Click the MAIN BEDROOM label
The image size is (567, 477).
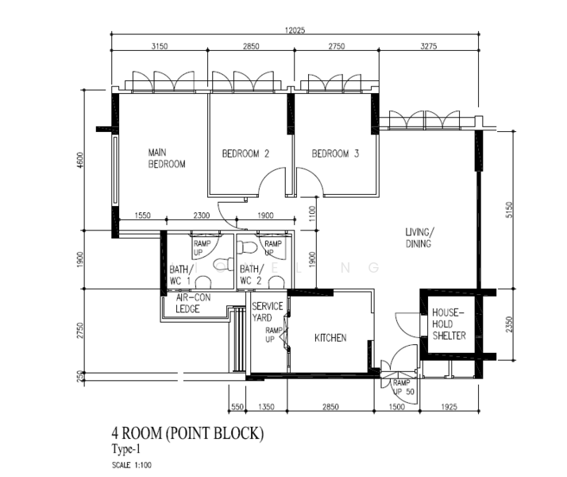tap(167, 158)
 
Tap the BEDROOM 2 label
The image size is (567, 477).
tap(245, 153)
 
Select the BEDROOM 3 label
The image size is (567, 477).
tap(335, 153)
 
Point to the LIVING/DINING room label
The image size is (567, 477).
tap(418, 238)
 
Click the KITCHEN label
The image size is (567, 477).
tap(330, 338)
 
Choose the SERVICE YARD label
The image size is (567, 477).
tap(267, 312)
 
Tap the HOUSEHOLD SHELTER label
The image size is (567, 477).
tap(449, 324)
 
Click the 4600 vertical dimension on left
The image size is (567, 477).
tap(80, 159)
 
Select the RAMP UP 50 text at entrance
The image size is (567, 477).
tap(403, 387)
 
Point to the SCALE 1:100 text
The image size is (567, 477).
tap(132, 463)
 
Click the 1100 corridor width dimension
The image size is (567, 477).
tap(313, 212)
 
